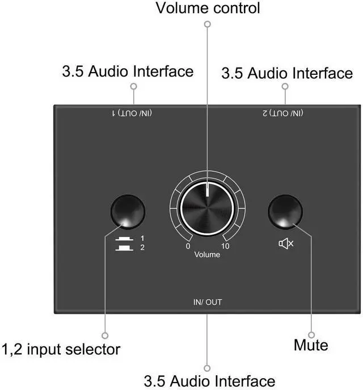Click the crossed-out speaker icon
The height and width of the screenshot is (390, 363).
tap(286, 244)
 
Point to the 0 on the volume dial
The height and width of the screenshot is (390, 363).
tap(188, 246)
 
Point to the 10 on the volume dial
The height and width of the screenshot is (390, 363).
tap(225, 246)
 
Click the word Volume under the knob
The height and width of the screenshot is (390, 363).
tap(207, 255)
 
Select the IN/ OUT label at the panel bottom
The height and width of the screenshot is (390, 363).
tap(207, 302)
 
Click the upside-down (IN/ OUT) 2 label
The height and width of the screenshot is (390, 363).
tap(283, 113)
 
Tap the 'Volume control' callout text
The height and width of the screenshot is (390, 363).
tap(207, 8)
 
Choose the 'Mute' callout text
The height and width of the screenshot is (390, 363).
tap(311, 344)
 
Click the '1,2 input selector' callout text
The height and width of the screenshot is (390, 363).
tap(61, 347)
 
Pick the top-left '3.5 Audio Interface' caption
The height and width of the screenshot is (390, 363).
tap(127, 71)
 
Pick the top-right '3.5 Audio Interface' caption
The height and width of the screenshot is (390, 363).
tap(286, 73)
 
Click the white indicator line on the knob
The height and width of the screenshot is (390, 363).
tap(208, 192)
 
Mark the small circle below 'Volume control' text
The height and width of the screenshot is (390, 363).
tap(207, 24)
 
